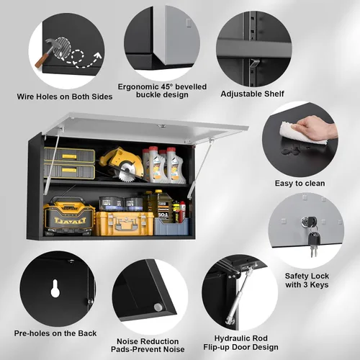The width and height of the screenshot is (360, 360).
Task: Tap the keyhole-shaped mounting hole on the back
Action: coord(55,289)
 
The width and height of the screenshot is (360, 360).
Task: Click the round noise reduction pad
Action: coord(158,307)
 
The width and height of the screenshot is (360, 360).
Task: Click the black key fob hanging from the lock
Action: coord(314,238)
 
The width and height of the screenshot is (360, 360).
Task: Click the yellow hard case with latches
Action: coord(125,223)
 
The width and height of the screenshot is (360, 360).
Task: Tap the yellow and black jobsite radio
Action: coord(69,216)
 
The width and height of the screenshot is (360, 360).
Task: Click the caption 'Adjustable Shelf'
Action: coord(252,94)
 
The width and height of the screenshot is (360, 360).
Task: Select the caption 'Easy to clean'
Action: coord(300,184)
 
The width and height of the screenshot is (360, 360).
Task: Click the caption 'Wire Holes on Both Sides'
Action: coord(65,96)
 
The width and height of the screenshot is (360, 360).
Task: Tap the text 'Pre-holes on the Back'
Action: coord(55,333)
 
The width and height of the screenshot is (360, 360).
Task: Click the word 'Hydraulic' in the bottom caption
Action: coord(233,338)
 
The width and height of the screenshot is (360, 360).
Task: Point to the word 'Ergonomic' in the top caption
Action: coord(138,86)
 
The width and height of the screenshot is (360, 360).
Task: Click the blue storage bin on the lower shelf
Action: coord(171,226)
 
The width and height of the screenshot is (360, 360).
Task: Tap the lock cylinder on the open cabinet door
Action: coord(163,126)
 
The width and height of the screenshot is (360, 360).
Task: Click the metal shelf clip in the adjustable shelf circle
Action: coord(254,63)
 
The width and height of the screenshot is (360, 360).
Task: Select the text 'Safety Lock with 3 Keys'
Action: coord(307,280)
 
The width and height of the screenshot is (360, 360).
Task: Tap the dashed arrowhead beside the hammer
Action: coord(97,56)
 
